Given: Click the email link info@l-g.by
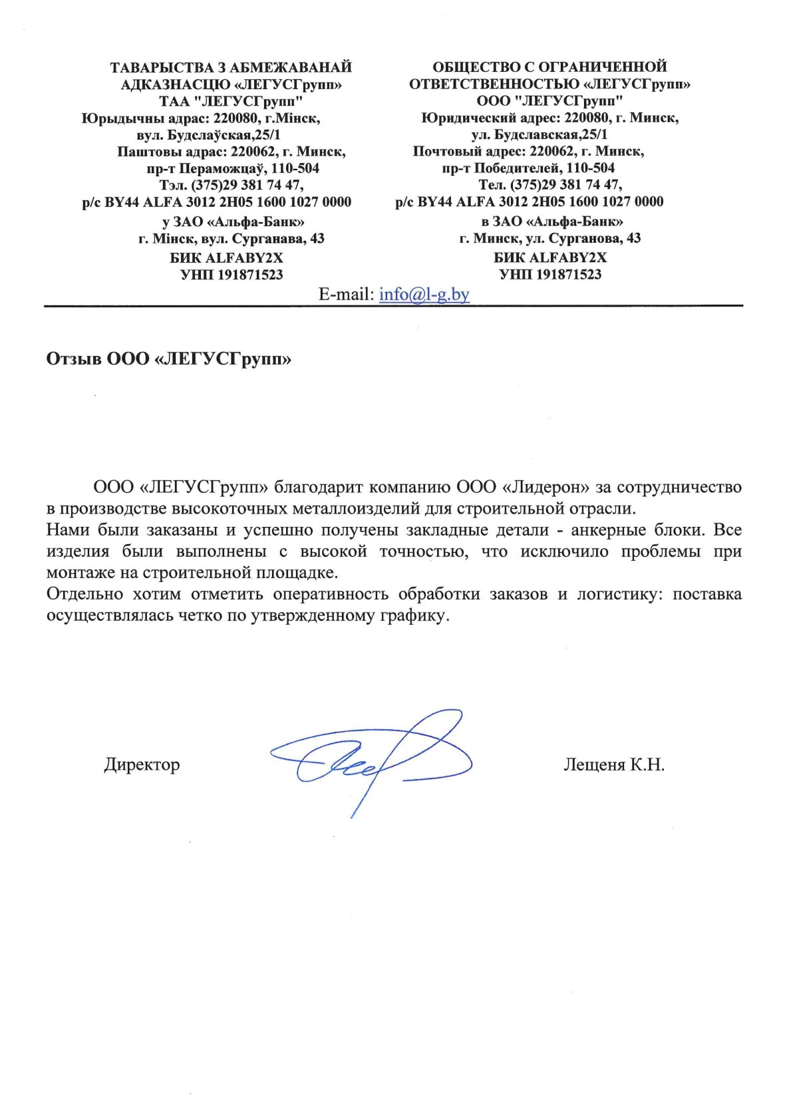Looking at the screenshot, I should click(424, 294).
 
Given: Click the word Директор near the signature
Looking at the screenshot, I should click(142, 764).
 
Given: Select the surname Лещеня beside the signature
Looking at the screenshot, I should click(594, 764).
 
